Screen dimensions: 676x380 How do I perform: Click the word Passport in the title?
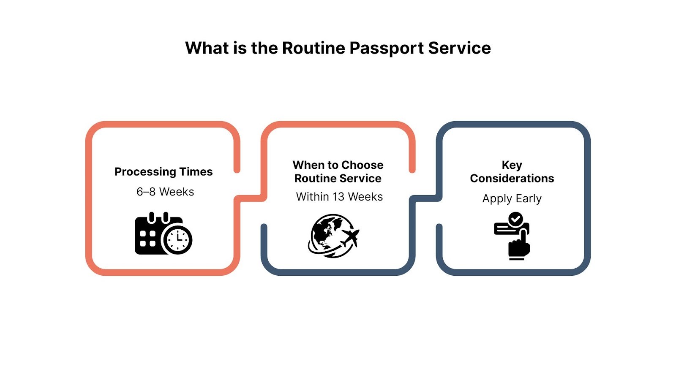(387, 48)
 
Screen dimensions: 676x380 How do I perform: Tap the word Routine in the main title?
(313, 48)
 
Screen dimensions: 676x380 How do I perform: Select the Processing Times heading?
(164, 172)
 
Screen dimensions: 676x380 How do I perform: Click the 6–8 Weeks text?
(165, 192)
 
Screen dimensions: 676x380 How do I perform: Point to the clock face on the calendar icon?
(178, 240)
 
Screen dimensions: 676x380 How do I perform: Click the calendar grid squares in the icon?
(148, 239)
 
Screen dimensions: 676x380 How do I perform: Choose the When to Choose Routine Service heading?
(338, 171)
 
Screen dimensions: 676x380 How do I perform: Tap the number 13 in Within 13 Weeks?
(338, 197)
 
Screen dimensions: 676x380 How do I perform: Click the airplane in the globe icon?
(350, 238)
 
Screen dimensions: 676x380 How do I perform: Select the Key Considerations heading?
(512, 171)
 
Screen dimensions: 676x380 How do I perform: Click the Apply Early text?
(512, 199)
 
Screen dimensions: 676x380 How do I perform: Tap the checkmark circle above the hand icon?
(515, 219)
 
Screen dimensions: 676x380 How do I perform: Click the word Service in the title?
(460, 48)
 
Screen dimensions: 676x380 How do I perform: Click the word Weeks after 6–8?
(177, 192)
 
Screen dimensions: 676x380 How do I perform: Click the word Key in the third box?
(512, 165)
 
